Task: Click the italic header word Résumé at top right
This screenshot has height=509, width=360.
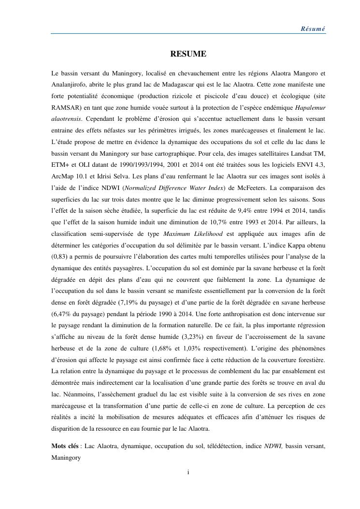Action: coord(313,29)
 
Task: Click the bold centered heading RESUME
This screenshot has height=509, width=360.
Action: coord(187,54)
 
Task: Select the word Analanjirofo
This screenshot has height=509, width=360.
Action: coord(71,85)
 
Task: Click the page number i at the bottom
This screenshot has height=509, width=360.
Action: coord(187,472)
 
